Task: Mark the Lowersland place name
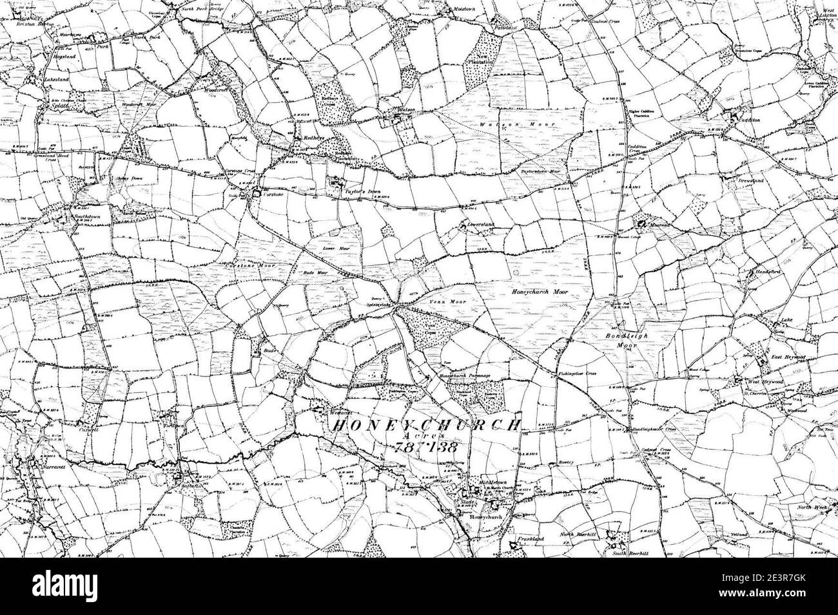tap(480, 225)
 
